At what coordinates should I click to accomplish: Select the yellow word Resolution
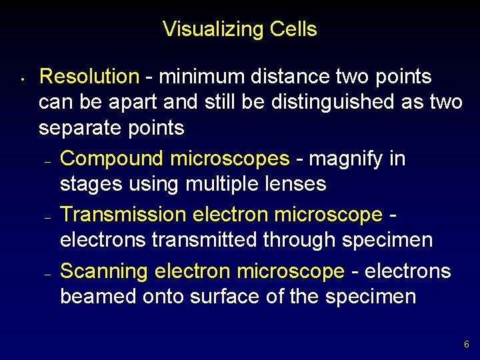point(89,77)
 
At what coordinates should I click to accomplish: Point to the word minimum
point(198,77)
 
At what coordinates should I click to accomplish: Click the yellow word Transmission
point(123,215)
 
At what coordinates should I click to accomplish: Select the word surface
point(223,296)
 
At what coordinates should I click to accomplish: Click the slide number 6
point(466,345)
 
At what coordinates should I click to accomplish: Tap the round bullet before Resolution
point(22,81)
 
